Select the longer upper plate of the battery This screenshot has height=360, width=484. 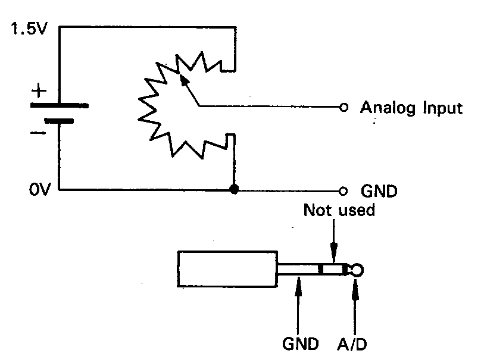[x=60, y=105]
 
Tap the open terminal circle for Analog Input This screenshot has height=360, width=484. [x=343, y=108]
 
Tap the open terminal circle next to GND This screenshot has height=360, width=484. [x=343, y=191]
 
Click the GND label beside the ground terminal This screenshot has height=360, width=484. [x=379, y=192]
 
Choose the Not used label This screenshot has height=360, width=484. [x=339, y=210]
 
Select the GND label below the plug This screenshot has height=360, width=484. [x=298, y=343]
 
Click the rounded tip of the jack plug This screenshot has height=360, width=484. [x=357, y=271]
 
